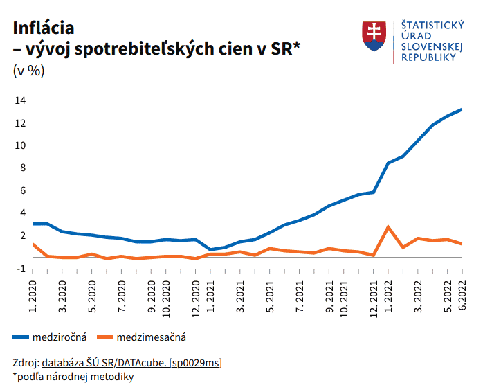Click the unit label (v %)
click(x=28, y=71)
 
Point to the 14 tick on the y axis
click(x=21, y=100)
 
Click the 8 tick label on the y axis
click(x=23, y=168)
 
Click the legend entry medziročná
click(x=60, y=337)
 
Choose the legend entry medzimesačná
click(x=152, y=337)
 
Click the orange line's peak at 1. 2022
click(x=388, y=227)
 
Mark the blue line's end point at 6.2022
click(x=461, y=109)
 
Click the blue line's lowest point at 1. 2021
click(x=211, y=249)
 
